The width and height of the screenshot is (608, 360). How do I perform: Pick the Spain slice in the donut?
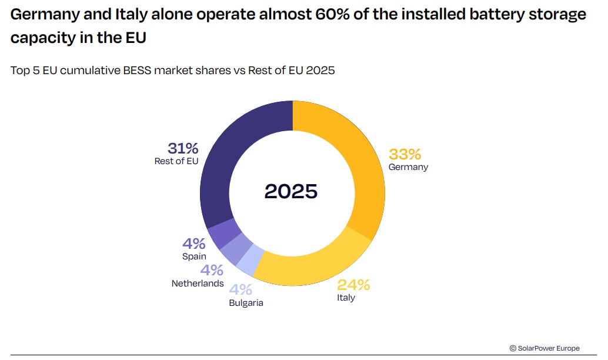click(222, 234)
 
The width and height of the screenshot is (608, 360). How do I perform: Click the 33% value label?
click(405, 154)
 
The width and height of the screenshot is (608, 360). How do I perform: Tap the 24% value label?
click(353, 285)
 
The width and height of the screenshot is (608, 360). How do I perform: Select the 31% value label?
click(183, 148)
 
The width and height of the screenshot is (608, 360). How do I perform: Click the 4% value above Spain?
click(193, 244)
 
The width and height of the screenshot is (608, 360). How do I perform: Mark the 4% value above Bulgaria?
click(240, 289)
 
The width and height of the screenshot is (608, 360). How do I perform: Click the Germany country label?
click(408, 167)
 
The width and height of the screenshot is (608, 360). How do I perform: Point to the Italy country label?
click(346, 298)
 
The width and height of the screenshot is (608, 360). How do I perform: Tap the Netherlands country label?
click(198, 284)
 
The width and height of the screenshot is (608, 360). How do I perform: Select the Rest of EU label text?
click(176, 161)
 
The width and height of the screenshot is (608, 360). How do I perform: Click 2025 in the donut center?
click(291, 191)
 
